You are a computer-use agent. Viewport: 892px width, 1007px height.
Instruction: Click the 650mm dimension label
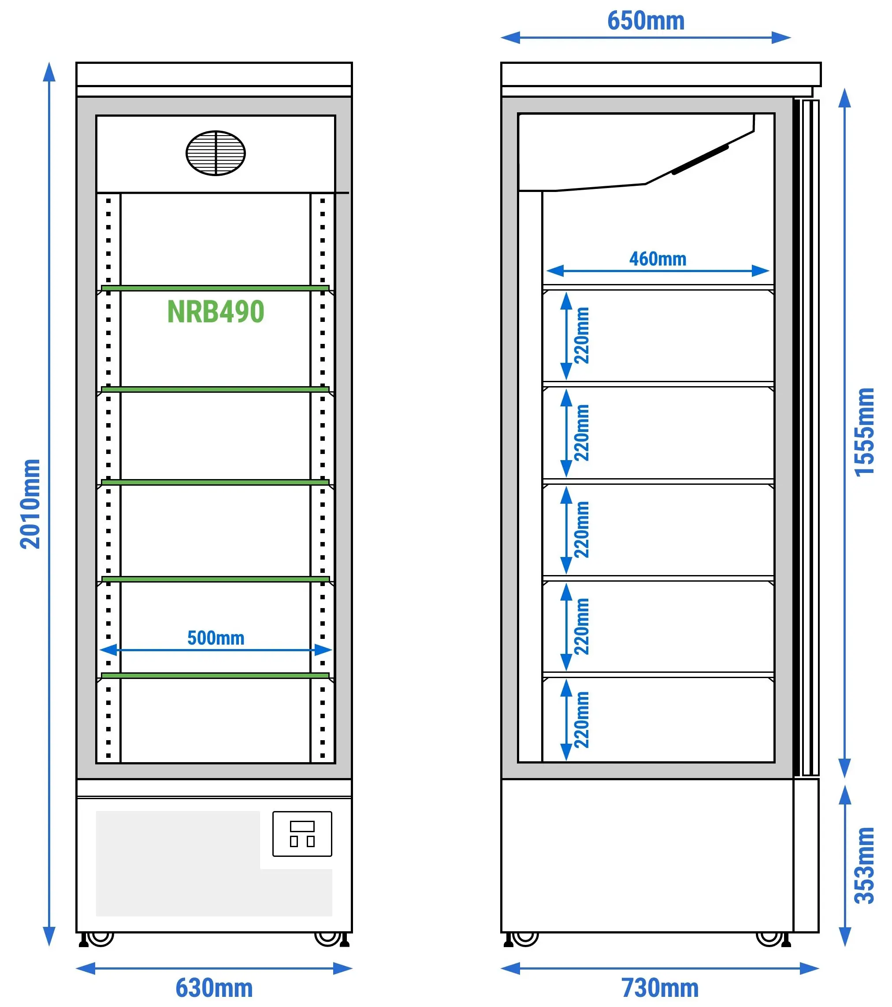[646, 21]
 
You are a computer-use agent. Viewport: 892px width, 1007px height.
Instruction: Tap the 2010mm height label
[30, 504]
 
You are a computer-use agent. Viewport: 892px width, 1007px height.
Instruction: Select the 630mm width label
[214, 988]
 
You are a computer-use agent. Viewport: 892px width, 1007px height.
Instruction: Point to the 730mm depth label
[660, 988]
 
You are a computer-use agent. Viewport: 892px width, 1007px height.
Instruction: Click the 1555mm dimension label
[864, 432]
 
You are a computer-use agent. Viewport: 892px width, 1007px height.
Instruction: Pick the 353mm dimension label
[864, 866]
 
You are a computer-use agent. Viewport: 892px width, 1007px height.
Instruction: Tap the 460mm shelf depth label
[658, 258]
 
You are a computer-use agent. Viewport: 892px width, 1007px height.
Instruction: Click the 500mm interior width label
[216, 638]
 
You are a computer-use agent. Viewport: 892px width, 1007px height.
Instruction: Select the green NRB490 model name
[216, 311]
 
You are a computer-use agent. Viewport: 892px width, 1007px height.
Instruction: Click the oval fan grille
[216, 153]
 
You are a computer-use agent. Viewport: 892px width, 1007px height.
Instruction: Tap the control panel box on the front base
[302, 834]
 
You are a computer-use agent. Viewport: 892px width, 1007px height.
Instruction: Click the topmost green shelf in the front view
[215, 288]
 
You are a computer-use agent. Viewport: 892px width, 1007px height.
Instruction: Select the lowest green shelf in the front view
[215, 675]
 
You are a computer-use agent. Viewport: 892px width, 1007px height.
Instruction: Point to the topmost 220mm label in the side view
[582, 336]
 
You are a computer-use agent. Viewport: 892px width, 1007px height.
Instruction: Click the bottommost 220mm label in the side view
[582, 720]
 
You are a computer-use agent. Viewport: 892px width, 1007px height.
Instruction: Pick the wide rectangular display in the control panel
[302, 826]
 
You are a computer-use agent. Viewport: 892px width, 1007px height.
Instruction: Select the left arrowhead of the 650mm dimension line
[510, 37]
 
